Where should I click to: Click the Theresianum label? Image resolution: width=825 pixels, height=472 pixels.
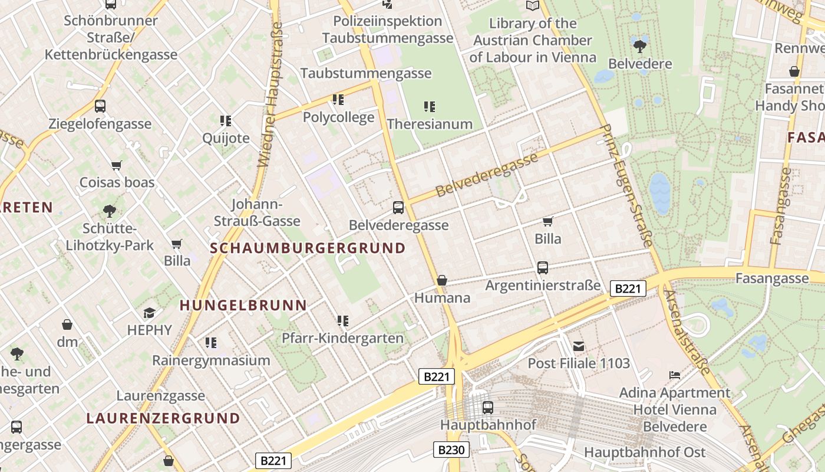[430, 124]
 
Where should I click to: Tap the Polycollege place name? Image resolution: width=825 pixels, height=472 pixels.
[338, 117]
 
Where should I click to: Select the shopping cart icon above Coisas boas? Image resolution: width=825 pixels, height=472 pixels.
[116, 166]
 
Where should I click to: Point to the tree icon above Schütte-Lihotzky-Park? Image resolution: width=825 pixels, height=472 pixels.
[109, 211]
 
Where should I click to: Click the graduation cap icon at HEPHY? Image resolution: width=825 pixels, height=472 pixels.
[149, 313]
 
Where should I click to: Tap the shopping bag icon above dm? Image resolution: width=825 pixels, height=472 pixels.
[67, 324]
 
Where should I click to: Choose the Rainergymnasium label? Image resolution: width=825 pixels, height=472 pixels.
[211, 360]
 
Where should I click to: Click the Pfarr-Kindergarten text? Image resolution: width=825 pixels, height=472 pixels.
[342, 338]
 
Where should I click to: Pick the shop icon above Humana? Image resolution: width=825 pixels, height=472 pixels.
[442, 280]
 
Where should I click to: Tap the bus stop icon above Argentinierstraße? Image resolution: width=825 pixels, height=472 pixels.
[543, 268]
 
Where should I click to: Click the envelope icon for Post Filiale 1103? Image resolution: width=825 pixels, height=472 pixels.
[579, 346]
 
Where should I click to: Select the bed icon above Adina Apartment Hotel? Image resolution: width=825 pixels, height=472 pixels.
[675, 375]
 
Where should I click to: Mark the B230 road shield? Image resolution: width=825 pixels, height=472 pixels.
[452, 450]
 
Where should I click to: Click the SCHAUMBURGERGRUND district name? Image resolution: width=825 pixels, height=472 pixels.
[308, 248]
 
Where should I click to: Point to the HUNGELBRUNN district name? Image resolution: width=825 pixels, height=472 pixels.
[243, 305]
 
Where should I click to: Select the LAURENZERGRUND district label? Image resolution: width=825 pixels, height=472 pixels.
[163, 418]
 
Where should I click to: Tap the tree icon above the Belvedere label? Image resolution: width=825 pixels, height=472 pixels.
[639, 45]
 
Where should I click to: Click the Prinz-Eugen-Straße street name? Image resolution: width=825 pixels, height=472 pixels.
[627, 185]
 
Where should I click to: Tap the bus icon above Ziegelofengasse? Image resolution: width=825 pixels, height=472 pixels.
[100, 106]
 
